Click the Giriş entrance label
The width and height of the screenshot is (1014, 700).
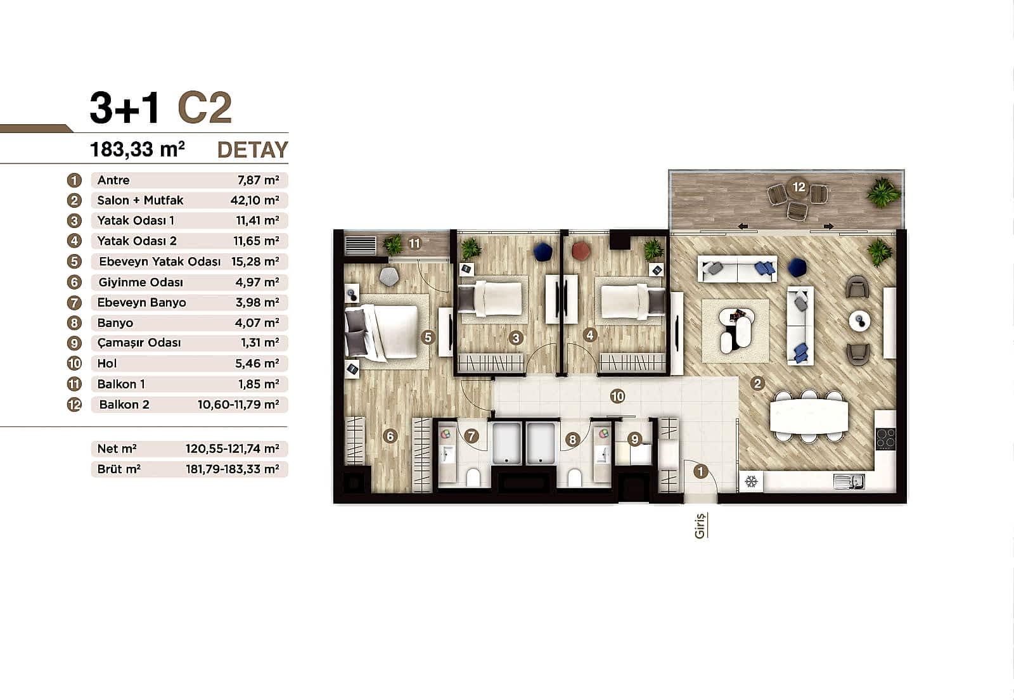(x=700, y=525)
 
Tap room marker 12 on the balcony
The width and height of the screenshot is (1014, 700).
(x=799, y=187)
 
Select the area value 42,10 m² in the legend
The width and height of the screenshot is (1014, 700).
(x=255, y=200)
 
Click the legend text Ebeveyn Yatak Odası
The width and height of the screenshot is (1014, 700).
(x=160, y=262)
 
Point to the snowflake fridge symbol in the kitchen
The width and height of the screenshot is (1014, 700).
(x=751, y=482)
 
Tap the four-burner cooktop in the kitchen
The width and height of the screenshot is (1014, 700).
(x=885, y=438)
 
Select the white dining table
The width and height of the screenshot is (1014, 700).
(x=809, y=416)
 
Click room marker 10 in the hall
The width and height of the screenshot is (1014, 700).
(x=617, y=397)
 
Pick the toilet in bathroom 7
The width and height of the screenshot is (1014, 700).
(x=473, y=477)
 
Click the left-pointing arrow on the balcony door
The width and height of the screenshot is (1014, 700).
(x=742, y=226)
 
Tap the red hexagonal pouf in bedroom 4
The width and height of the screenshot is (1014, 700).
(x=581, y=251)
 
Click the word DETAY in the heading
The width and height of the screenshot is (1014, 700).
(x=252, y=150)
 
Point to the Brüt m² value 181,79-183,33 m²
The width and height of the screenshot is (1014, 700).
(x=232, y=469)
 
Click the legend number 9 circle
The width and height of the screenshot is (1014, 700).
(x=74, y=343)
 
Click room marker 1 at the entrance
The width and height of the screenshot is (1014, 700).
(x=700, y=471)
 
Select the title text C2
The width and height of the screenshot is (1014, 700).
(x=205, y=108)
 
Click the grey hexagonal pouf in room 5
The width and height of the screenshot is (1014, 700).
(x=388, y=276)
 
